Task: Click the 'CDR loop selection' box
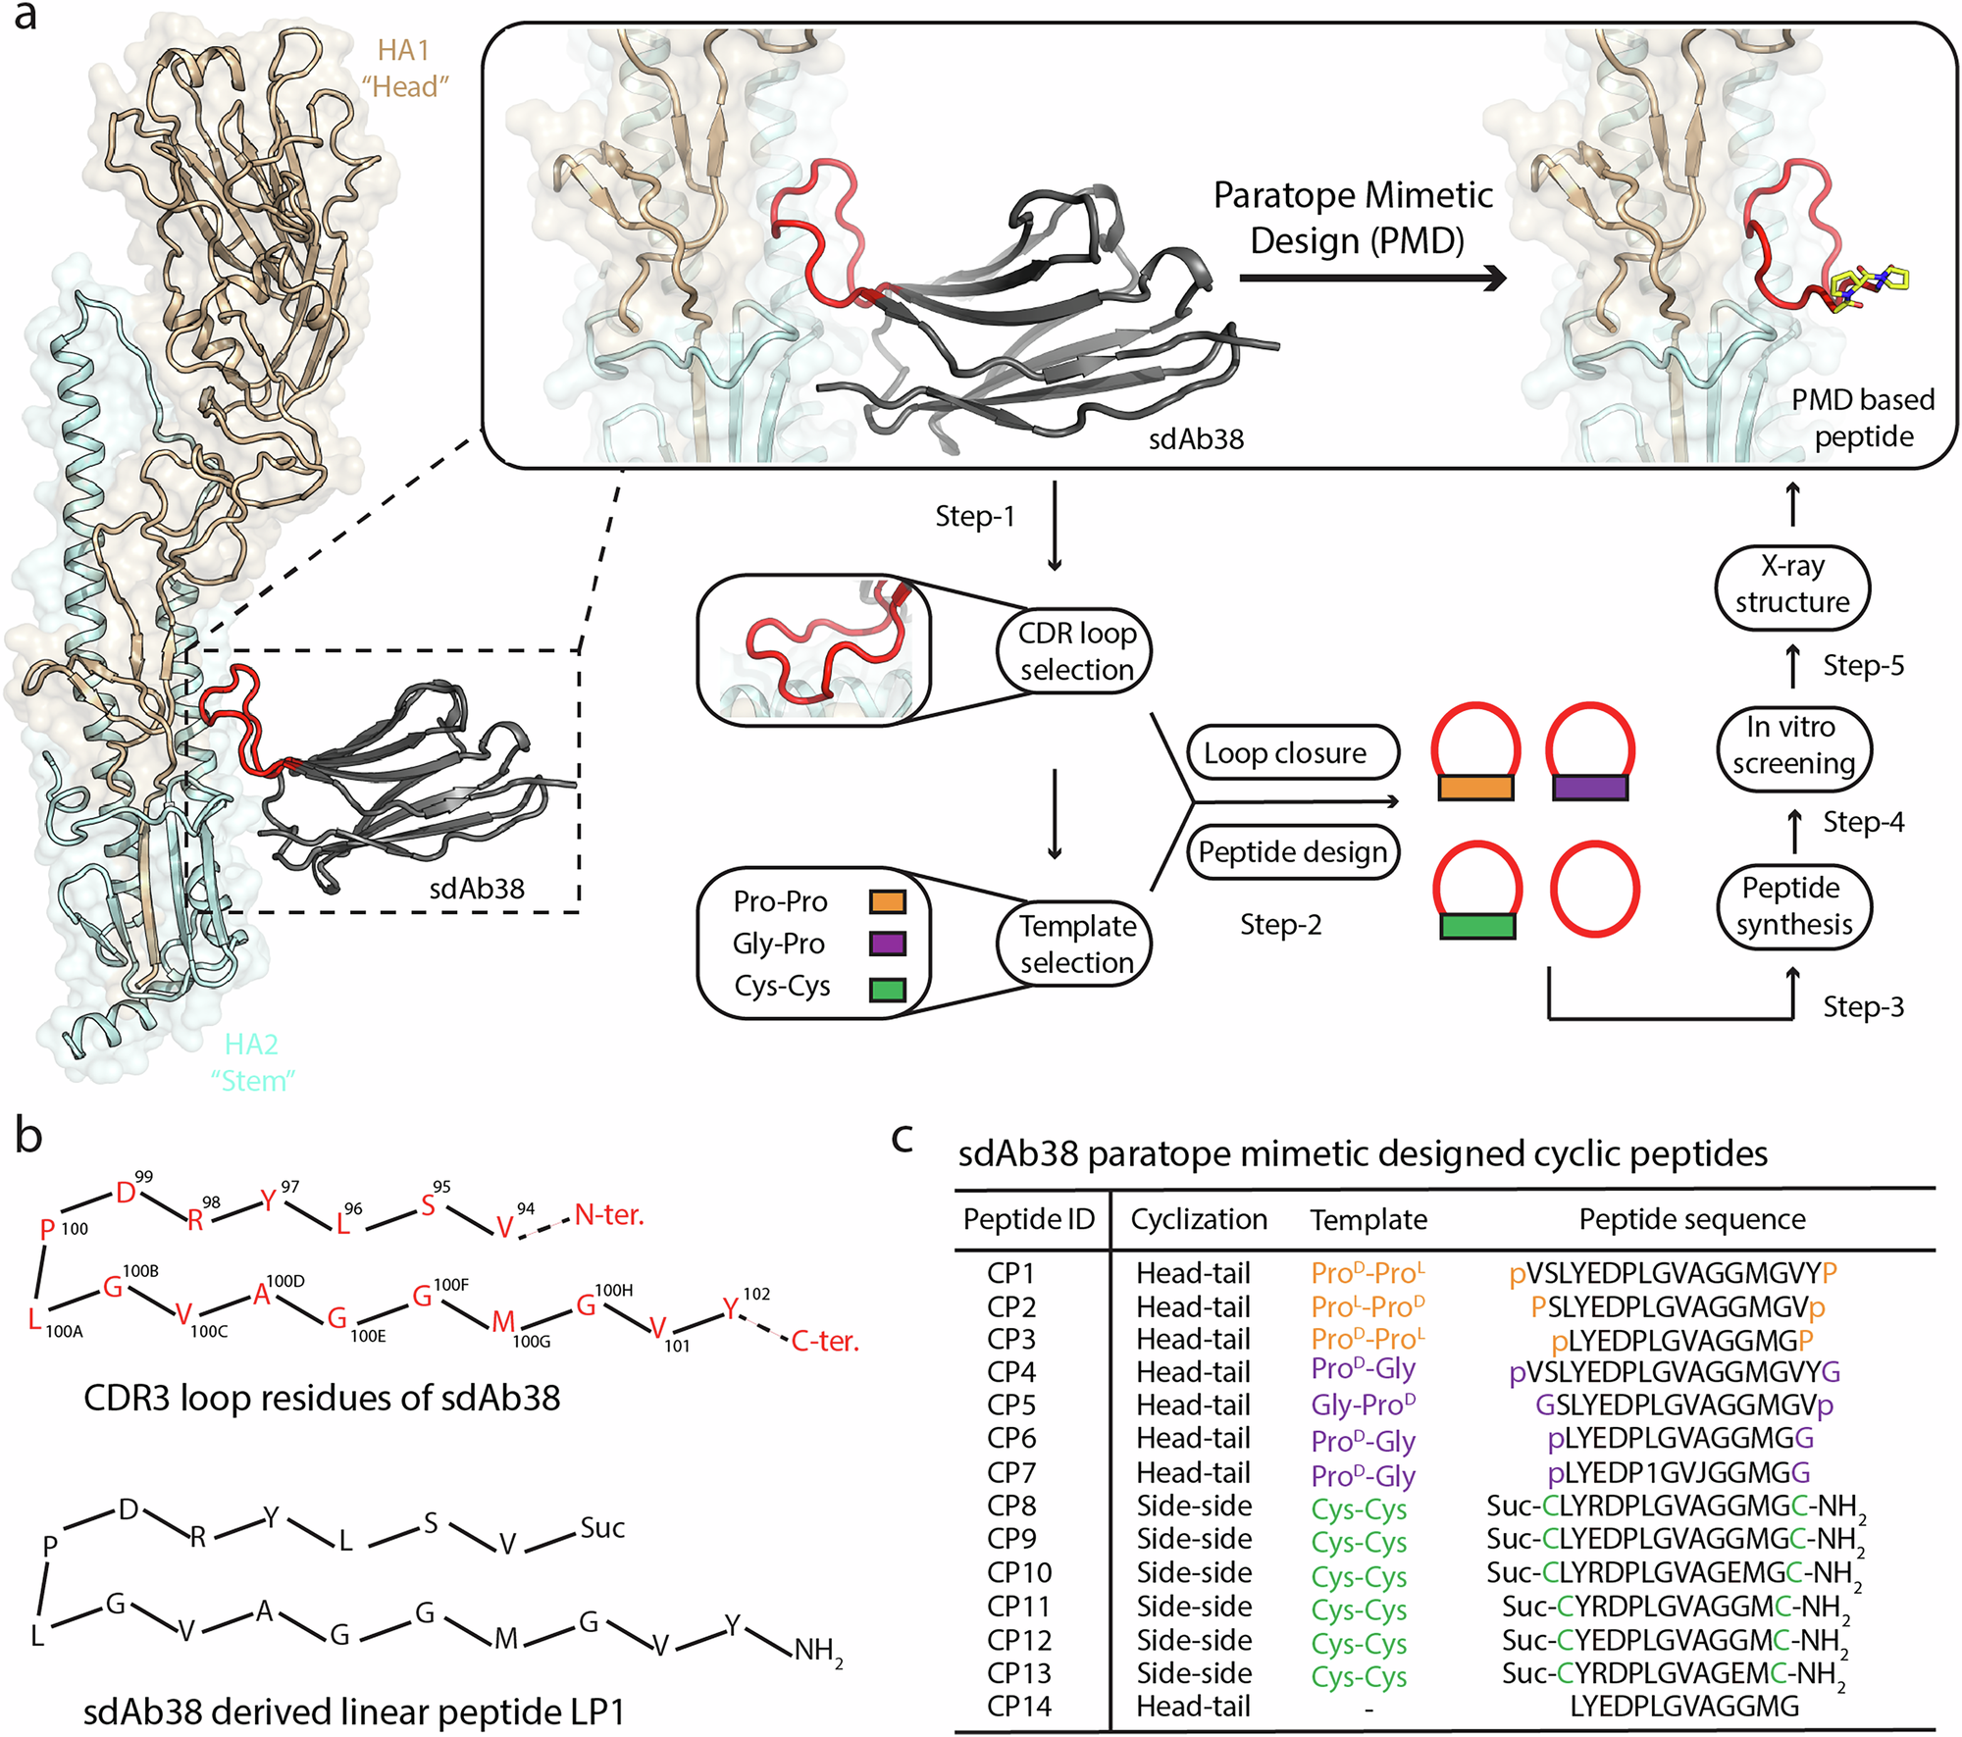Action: point(1076,650)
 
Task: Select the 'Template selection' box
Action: point(1076,944)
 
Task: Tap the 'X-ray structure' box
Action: point(1792,585)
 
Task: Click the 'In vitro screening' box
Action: point(1792,745)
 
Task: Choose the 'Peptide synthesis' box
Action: point(1792,906)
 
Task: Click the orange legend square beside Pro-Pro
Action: point(887,901)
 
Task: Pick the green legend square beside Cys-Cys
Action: point(887,989)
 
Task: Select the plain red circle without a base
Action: point(1594,889)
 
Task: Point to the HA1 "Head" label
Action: point(404,69)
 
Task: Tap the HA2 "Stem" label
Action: point(252,1061)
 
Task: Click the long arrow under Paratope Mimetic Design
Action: point(1371,280)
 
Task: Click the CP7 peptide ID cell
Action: point(1011,1472)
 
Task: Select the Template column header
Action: point(1368,1219)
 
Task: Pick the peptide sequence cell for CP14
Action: point(1684,1706)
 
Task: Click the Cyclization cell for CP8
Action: point(1193,1506)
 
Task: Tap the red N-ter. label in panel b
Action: point(608,1215)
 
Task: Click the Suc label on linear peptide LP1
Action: point(601,1528)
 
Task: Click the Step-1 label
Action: point(974,516)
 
